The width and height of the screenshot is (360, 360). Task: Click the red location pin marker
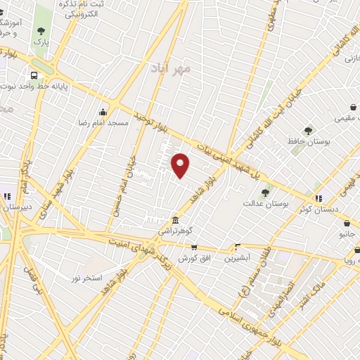181,165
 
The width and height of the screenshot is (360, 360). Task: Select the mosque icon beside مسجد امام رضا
103,112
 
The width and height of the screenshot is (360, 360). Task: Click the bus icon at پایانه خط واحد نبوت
33,75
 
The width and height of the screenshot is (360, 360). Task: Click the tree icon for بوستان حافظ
307,130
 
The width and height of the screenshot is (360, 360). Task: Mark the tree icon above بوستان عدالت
265,193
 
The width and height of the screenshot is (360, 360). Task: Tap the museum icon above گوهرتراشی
175,219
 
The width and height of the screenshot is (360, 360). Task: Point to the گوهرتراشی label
174,230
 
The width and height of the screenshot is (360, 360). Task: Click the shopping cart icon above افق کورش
194,247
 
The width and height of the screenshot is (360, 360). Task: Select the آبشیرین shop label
237,258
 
